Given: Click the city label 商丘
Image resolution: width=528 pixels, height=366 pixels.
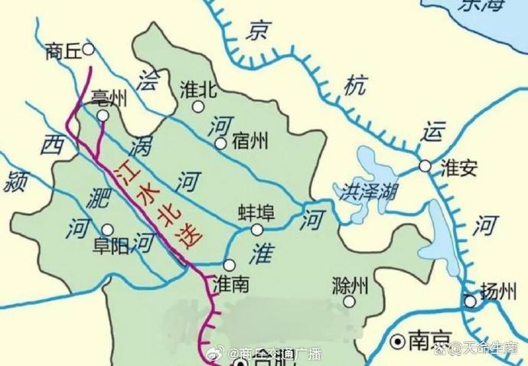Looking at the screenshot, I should tap(64, 51).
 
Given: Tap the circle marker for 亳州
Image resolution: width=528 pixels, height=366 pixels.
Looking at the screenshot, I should tap(103, 115).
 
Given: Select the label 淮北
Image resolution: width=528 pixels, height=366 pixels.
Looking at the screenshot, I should tap(197, 90).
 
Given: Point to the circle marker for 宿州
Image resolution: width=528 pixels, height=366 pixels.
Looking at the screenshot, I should tap(220, 143).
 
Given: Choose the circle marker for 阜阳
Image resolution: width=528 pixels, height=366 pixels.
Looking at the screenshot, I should tap(107, 229).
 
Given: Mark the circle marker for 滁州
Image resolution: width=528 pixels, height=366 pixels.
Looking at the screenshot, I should tap(349, 302).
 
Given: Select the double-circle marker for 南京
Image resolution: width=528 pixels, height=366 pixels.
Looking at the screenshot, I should tap(397, 339).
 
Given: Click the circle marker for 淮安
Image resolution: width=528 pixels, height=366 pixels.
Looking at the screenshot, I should tap(425, 166).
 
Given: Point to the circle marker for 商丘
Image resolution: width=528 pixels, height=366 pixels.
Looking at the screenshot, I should tap(88, 49).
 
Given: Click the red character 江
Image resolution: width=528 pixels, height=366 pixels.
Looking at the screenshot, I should tap(123, 170).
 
